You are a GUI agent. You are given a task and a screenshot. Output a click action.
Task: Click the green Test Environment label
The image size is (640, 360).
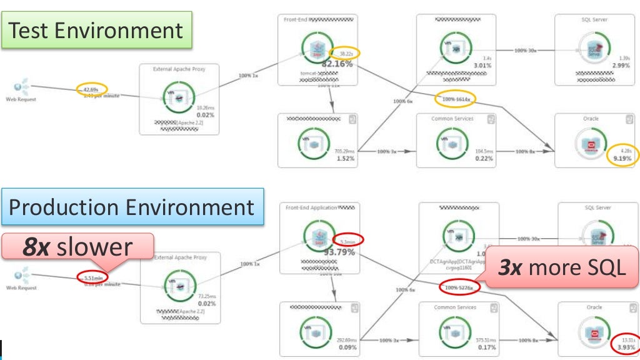point(96,30)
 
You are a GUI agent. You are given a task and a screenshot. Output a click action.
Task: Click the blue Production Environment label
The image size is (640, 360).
point(131,207)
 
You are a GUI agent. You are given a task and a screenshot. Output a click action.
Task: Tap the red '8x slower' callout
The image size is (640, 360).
point(78,246)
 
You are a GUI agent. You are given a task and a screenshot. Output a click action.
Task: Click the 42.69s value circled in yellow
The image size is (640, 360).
point(92,89)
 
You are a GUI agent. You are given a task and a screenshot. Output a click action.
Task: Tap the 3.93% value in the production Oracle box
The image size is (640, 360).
point(625,347)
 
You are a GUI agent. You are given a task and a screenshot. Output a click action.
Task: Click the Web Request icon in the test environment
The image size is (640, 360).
point(22,85)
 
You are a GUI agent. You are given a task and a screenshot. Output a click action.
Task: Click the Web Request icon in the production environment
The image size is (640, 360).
point(22,274)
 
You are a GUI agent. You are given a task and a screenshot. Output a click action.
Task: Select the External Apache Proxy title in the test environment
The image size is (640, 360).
point(179,69)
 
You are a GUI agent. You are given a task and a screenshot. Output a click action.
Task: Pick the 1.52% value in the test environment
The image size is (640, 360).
point(345,159)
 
